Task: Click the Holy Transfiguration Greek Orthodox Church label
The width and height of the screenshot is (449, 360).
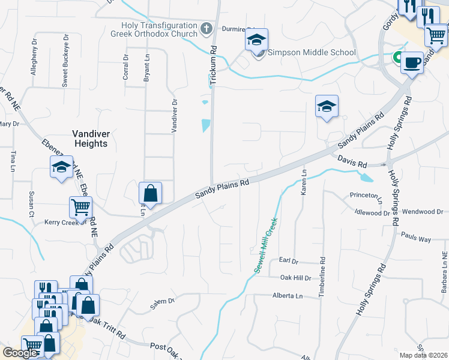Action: [x=159, y=29]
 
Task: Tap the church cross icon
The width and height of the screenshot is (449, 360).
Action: [x=206, y=28]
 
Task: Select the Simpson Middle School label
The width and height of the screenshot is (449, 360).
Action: [x=311, y=52]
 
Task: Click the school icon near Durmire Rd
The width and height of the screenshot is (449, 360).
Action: [x=256, y=41]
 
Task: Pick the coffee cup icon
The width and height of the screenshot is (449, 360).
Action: [x=412, y=62]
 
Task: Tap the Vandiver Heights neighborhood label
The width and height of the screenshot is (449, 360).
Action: [x=90, y=139]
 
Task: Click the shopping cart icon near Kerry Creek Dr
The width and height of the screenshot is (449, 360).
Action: [x=80, y=208]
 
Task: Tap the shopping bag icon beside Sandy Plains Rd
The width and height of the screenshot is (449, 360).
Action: [x=150, y=193]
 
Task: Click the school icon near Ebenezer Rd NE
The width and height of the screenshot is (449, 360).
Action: [x=61, y=167]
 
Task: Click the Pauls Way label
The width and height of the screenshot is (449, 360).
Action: [x=417, y=239]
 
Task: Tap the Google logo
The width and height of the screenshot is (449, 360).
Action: [x=20, y=353]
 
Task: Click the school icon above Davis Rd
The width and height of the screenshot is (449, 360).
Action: [x=327, y=106]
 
